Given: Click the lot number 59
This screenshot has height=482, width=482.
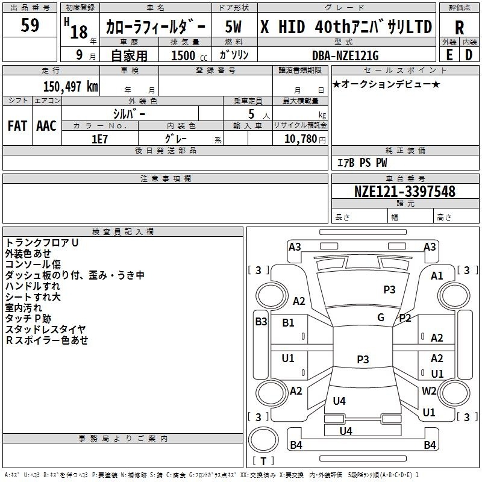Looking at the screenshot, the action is [x=30, y=25].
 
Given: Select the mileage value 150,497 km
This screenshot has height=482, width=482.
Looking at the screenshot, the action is [x=70, y=86].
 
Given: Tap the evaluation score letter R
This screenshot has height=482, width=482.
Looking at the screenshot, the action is [x=459, y=28].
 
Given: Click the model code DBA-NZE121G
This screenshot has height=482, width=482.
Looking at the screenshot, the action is [x=345, y=55].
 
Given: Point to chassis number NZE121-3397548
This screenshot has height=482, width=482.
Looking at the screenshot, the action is [x=404, y=191].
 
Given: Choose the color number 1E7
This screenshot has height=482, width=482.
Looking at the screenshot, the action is [x=99, y=139].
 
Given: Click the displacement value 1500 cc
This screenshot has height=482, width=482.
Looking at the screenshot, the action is [x=189, y=55].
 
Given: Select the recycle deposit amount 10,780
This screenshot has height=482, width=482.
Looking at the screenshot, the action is [x=300, y=139].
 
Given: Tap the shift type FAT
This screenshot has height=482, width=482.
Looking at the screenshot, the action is [x=17, y=126].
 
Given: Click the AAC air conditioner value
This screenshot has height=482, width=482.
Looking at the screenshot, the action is [x=46, y=126].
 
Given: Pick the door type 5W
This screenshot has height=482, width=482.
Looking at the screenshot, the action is [x=233, y=27].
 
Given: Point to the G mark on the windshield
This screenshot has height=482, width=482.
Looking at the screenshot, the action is [x=381, y=317].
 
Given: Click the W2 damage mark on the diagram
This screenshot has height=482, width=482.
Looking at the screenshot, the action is [x=429, y=390].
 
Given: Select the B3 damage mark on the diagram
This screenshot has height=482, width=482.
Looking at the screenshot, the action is [x=261, y=322].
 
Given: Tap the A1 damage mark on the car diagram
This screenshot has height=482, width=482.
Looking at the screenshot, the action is [x=437, y=276].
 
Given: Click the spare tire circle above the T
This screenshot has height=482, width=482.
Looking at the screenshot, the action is [x=263, y=440].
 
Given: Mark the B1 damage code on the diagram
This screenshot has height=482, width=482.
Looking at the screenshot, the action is [x=288, y=323].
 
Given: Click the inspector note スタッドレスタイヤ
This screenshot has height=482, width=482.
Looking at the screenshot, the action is [x=46, y=329].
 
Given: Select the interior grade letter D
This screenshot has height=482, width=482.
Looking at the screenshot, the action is [x=469, y=55].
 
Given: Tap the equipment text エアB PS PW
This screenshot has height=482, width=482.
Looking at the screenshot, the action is [x=362, y=163].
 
